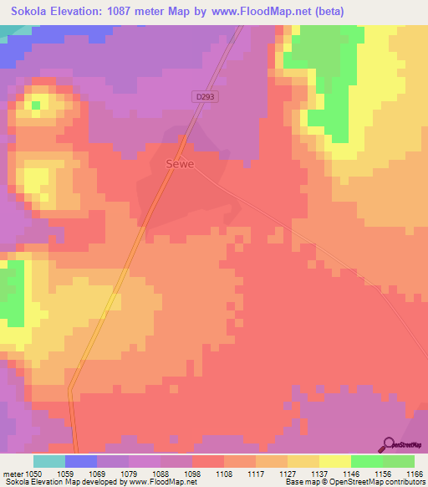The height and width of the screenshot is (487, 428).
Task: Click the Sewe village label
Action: pos(180,164)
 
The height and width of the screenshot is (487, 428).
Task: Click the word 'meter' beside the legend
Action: pos(14,473)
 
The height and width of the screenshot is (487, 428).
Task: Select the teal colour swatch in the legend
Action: pos(48,461)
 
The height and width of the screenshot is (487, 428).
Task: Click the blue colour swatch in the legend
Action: pos(80,461)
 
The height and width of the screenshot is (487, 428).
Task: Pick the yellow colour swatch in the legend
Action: pos(334,461)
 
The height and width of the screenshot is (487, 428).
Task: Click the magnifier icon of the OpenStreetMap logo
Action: pos(388,443)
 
